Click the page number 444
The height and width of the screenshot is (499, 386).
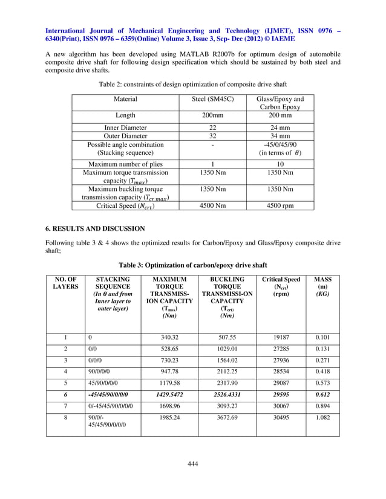click(193, 463)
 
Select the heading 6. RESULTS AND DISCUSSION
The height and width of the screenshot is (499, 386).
click(96, 229)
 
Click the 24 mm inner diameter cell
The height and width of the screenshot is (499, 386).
click(280, 127)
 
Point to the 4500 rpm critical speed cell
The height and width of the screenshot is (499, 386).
click(280, 205)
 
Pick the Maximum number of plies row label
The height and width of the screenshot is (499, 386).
click(126, 164)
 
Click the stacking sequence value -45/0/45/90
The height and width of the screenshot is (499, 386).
click(280, 144)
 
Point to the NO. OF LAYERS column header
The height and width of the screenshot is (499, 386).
click(65, 284)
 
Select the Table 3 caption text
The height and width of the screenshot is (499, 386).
click(192, 265)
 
